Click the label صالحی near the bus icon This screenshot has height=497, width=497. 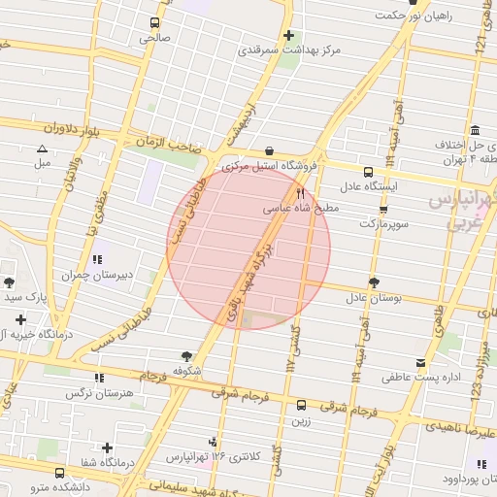(x=153, y=39)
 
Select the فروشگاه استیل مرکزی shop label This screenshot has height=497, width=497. (x=269, y=167)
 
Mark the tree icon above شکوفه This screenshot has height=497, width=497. (x=185, y=356)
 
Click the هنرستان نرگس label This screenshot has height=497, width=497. (x=98, y=393)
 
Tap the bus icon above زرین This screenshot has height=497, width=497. (x=301, y=406)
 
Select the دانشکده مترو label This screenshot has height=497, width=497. (x=59, y=485)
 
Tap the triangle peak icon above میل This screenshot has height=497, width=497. (x=42, y=149)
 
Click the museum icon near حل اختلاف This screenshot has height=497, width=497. (x=474, y=131)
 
